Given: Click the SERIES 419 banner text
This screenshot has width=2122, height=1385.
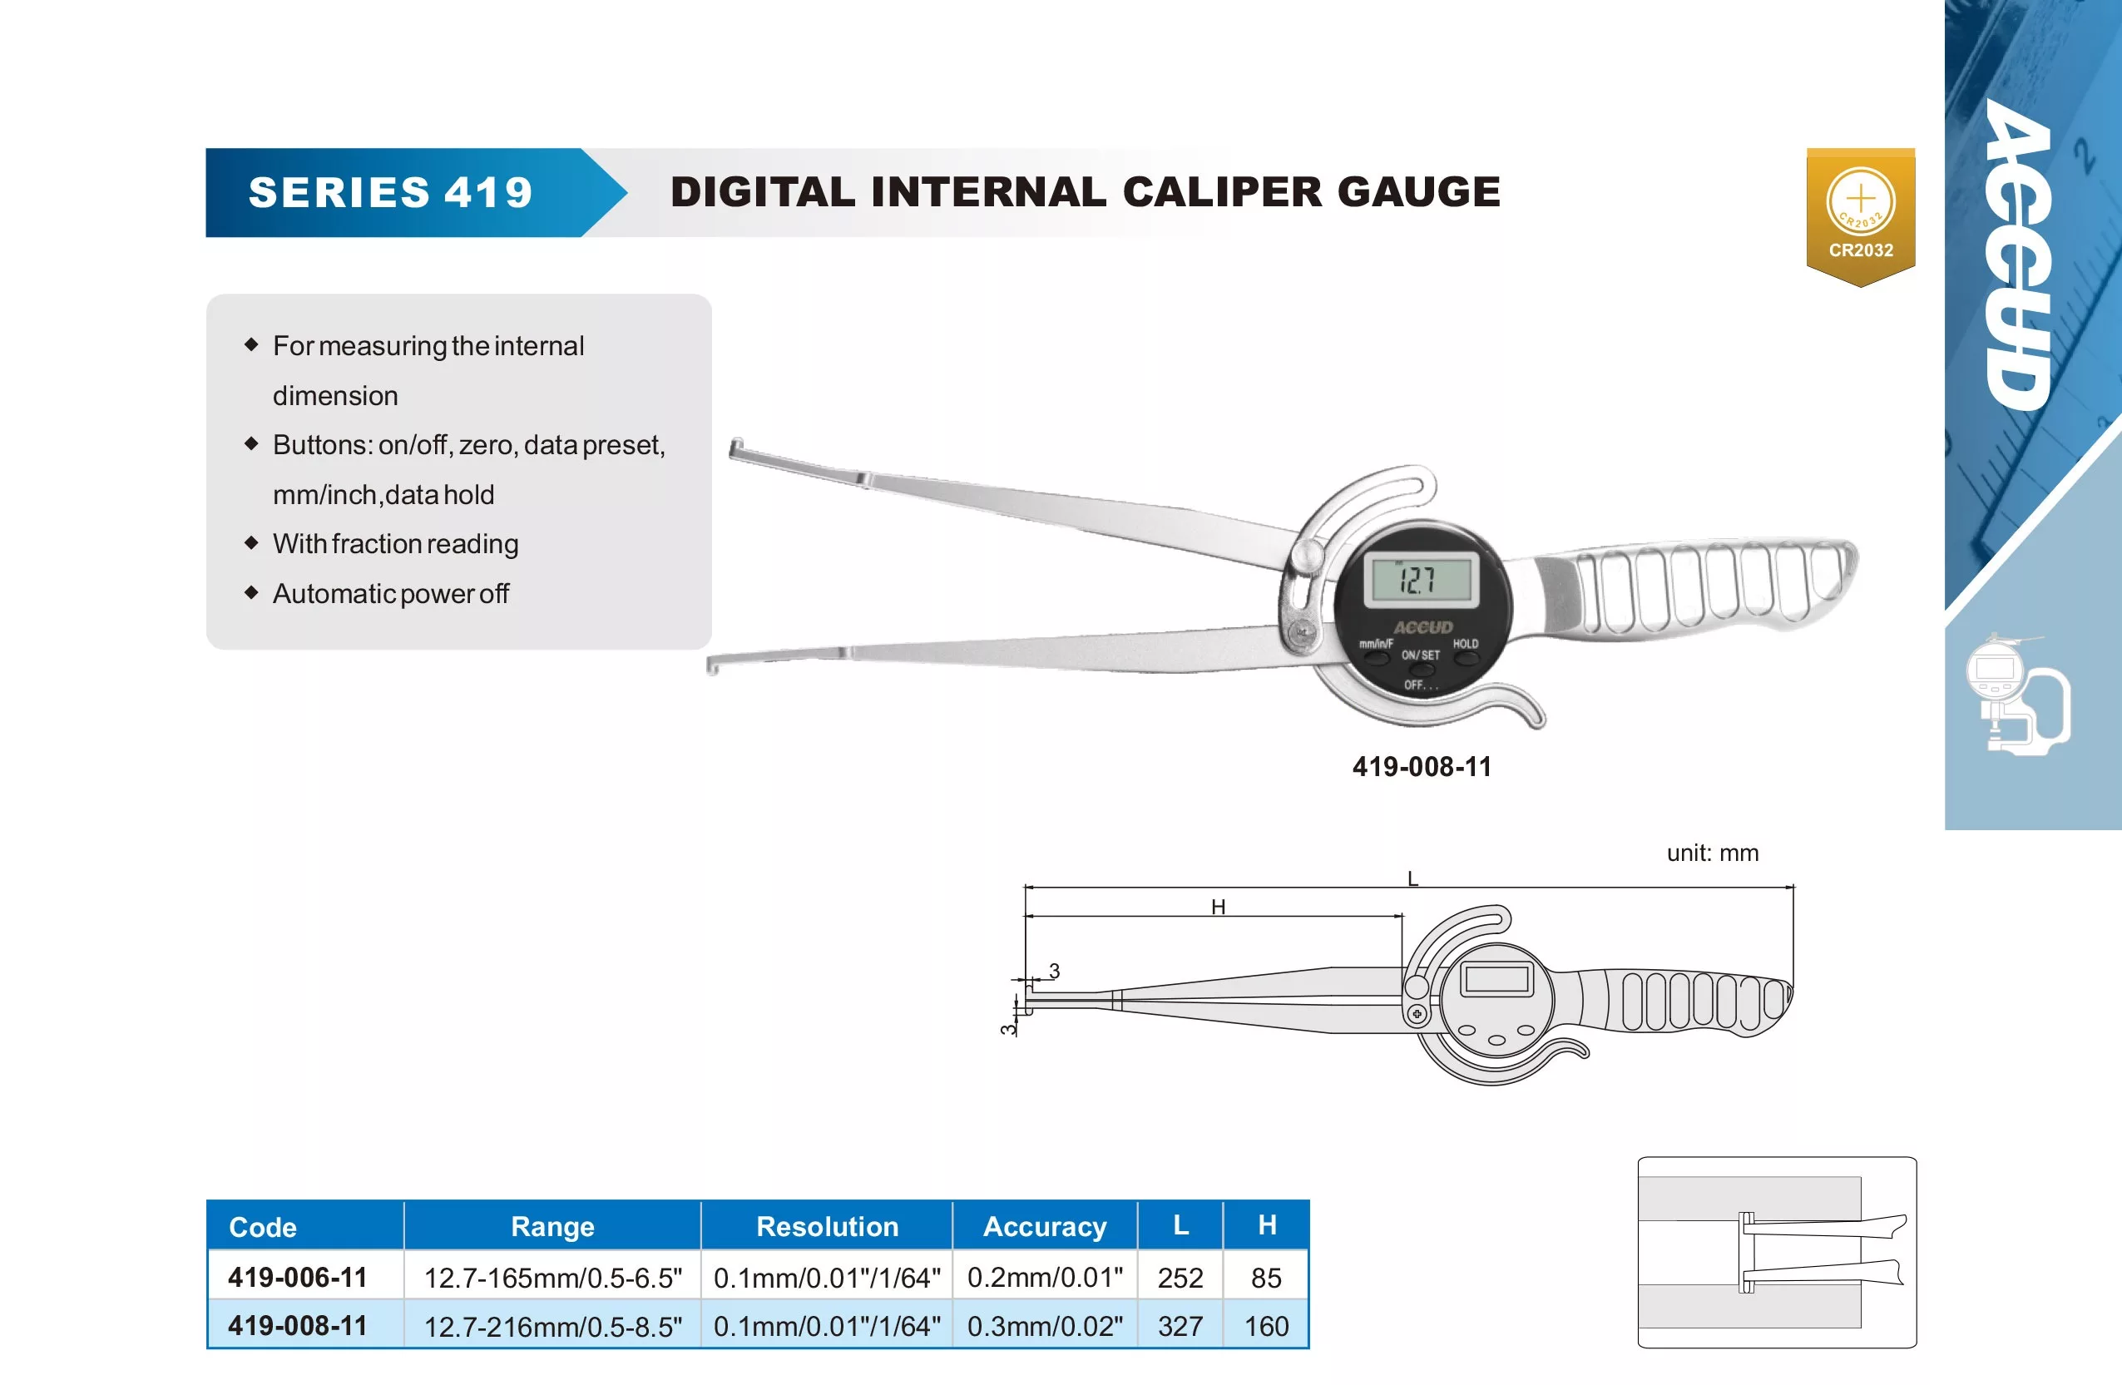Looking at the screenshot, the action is point(390,193).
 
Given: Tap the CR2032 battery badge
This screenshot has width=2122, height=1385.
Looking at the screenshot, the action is point(1861,217).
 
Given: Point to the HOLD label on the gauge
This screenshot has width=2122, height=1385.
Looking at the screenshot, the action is point(1466,644).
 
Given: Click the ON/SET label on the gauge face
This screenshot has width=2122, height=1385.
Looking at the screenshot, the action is point(1420,655).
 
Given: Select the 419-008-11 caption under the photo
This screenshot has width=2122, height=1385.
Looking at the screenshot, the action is point(1422,767).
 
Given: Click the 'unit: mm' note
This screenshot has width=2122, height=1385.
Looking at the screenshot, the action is point(1713,853).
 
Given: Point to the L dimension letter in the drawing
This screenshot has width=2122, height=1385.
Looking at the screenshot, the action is point(1412,878).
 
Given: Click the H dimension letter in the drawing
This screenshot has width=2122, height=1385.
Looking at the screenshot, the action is point(1218,907).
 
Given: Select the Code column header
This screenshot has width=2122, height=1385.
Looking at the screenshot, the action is point(262,1227).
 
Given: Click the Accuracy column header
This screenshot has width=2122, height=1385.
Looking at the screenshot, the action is point(1045,1227).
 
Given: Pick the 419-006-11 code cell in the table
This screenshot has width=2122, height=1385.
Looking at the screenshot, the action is point(298,1277).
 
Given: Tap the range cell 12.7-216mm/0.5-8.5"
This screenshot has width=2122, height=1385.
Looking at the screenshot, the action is point(553,1327).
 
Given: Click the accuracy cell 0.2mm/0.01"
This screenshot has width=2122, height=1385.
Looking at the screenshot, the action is point(1045,1277).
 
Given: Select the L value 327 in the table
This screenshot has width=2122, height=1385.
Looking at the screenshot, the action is point(1180,1327).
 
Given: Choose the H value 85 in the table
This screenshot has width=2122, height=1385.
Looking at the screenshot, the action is point(1266,1278).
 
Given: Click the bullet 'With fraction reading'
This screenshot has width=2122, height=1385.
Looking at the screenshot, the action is point(395,544).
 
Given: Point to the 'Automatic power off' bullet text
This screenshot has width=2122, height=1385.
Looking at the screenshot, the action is point(390,594).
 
